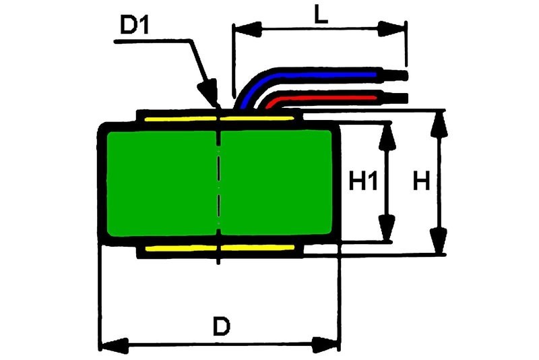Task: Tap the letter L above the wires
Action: [321, 15]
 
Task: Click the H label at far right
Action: [422, 181]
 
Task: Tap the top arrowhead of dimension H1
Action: [386, 135]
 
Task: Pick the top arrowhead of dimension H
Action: [439, 123]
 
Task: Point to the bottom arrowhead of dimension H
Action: [439, 241]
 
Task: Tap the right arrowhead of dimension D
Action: [327, 346]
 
